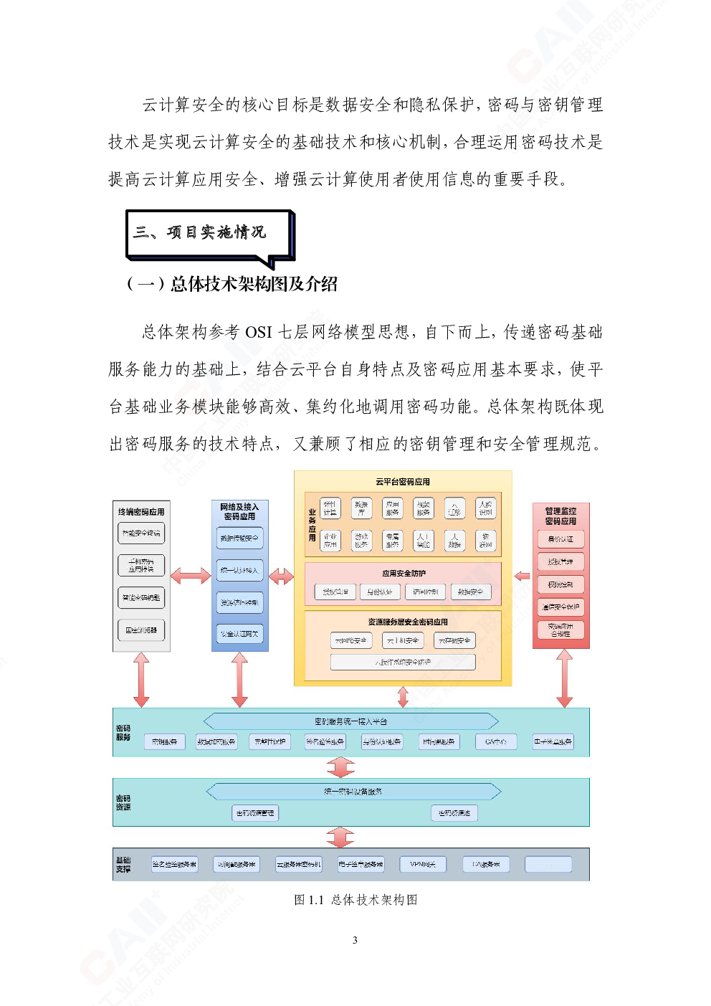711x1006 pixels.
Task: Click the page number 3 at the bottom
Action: pos(355,940)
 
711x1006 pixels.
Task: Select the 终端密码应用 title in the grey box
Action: pos(141,512)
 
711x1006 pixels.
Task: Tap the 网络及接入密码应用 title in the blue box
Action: pos(240,511)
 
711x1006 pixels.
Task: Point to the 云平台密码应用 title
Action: pos(403,482)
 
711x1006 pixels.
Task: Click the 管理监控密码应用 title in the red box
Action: pos(560,516)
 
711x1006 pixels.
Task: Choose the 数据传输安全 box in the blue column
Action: pos(240,538)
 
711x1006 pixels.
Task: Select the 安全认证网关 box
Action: pos(240,634)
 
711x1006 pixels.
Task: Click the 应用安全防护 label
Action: pos(404,574)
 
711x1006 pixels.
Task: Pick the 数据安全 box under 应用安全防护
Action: pos(470,592)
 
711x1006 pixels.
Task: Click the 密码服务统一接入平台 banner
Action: pos(350,721)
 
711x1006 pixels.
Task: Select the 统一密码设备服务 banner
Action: pos(353,792)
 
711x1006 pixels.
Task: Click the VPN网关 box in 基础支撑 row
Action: pos(423,865)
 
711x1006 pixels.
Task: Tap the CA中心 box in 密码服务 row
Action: pos(496,742)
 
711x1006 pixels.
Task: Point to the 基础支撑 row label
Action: pos(123,864)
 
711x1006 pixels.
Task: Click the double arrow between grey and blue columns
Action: pos(191,575)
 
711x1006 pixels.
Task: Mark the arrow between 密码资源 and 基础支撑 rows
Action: pos(340,837)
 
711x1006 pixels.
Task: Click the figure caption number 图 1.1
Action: pos(309,900)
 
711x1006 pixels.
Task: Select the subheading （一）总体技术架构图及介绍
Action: pos(232,285)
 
